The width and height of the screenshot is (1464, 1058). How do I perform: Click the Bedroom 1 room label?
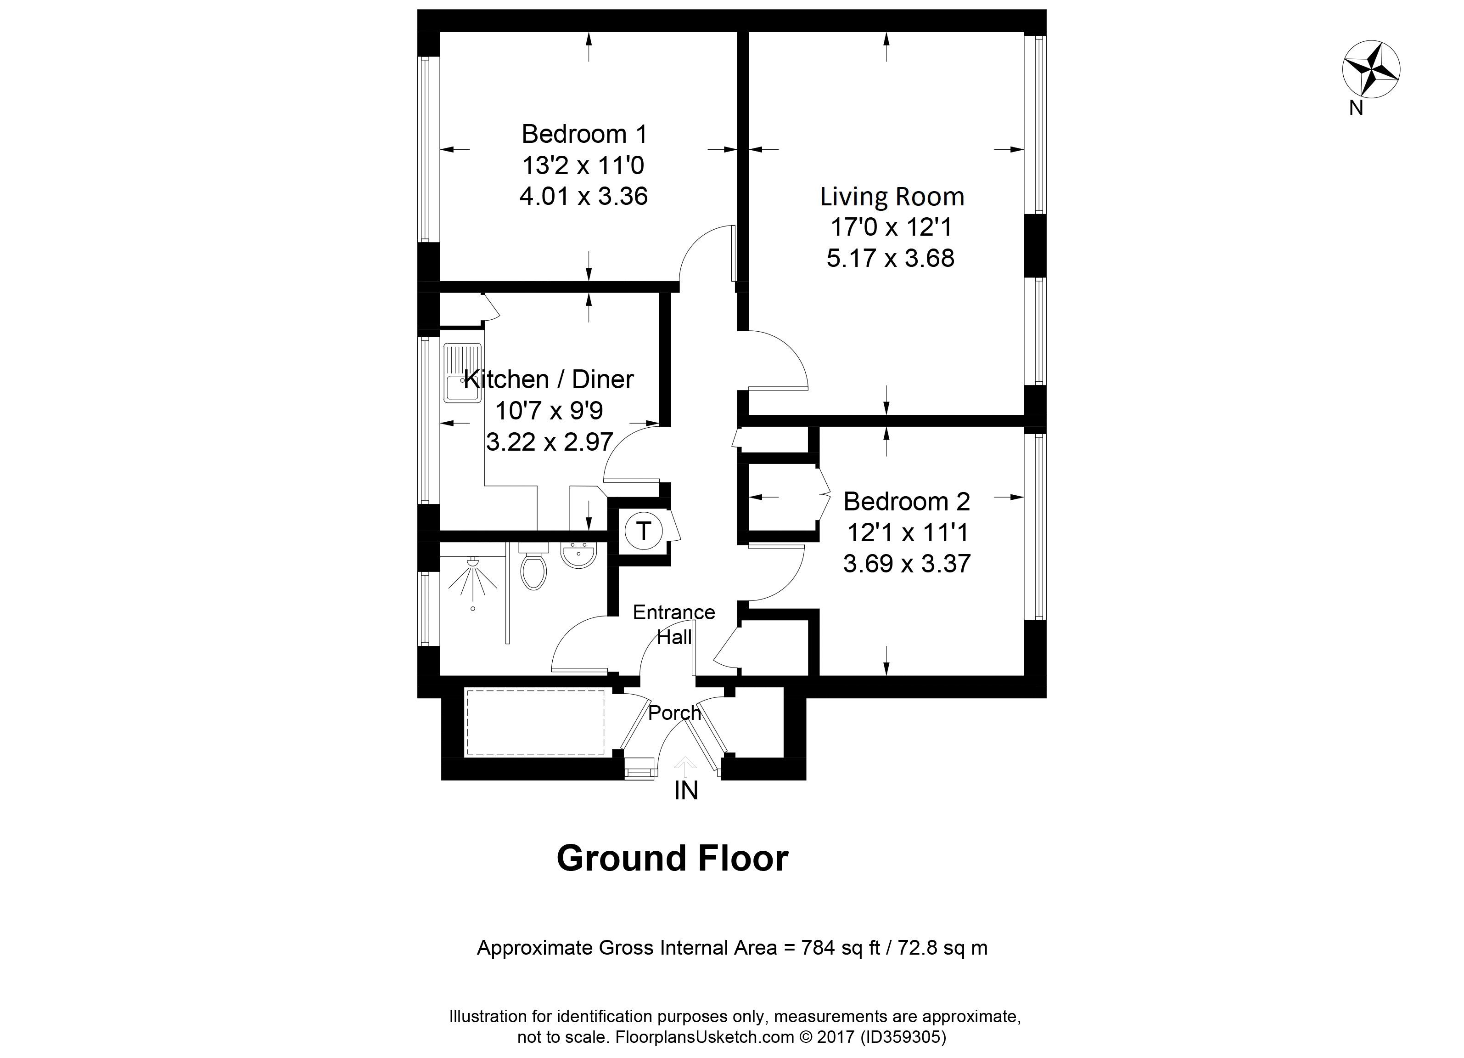tap(584, 134)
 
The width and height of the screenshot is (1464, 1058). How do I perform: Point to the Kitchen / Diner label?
tap(549, 379)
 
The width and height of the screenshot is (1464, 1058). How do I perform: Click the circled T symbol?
tap(643, 531)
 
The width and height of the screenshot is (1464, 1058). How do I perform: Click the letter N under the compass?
tap(1356, 108)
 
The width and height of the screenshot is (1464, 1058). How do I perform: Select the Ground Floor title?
tap(673, 859)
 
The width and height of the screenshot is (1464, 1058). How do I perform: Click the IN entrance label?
tap(686, 791)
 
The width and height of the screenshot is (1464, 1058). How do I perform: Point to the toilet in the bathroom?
tap(533, 566)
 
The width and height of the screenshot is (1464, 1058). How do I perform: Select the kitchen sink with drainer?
tap(463, 373)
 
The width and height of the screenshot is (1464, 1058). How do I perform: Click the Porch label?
tap(674, 713)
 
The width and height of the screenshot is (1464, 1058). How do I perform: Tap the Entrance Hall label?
tap(674, 625)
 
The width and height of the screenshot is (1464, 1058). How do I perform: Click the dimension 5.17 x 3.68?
tap(891, 258)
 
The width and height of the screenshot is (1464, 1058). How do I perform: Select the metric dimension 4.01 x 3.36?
tap(583, 196)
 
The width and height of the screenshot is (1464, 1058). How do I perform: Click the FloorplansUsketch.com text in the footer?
tap(705, 1037)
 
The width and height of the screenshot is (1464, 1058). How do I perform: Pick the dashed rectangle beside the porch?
tap(536, 722)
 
